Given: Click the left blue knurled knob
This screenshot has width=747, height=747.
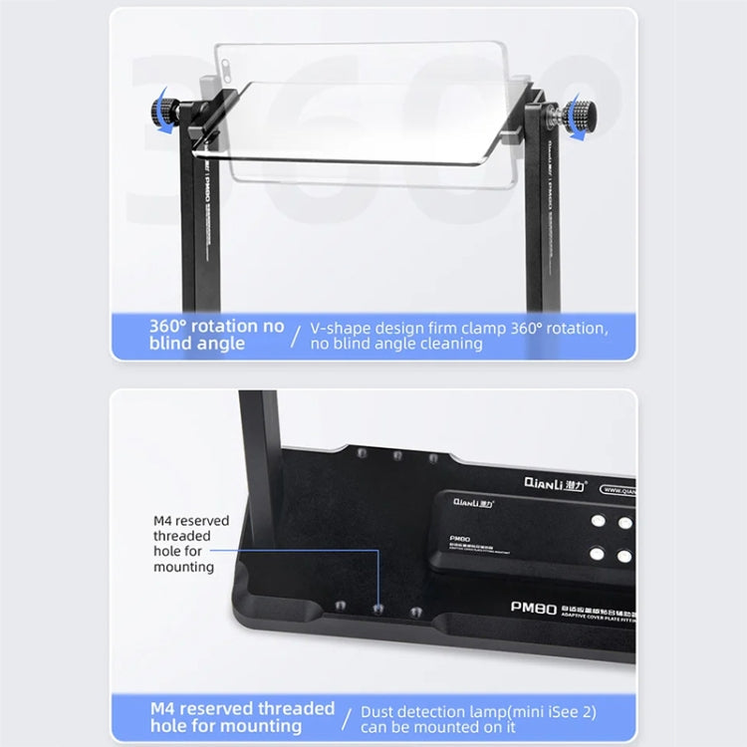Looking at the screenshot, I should [163, 109].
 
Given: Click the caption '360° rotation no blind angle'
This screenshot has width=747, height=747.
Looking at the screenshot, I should [216, 335].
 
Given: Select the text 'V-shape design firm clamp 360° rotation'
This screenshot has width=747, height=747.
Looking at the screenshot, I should [459, 327].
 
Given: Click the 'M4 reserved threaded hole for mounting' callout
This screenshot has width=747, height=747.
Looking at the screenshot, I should [190, 544].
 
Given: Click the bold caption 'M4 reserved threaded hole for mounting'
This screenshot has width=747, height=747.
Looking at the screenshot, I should [242, 717].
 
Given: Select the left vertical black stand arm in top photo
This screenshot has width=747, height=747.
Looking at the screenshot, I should [198, 229].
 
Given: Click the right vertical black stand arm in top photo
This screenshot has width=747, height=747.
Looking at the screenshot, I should [544, 229].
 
